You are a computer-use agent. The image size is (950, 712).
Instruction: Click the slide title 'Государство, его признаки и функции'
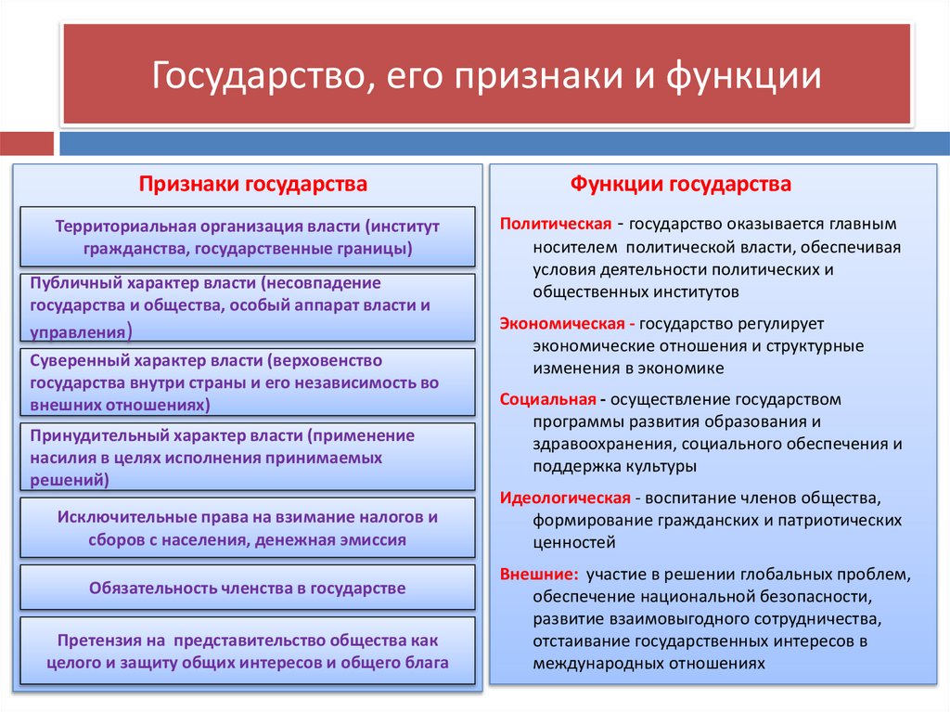pos(486,75)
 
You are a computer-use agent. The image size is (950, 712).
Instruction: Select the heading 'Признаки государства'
pos(253,184)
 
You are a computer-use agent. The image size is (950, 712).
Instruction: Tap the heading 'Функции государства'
pos(680,184)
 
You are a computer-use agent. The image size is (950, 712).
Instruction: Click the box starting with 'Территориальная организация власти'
pos(248,238)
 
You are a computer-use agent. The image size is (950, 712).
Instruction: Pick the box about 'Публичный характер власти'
pos(248,306)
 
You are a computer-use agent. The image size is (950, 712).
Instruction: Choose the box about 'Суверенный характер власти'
pos(248,382)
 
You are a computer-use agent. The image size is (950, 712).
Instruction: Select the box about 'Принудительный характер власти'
pos(248,457)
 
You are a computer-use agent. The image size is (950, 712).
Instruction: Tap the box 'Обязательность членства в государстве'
pos(248,588)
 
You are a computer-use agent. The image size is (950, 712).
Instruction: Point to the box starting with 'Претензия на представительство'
pos(248,651)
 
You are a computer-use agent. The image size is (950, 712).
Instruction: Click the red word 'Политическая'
pos(555,225)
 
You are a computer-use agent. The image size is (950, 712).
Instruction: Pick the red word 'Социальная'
pos(547,400)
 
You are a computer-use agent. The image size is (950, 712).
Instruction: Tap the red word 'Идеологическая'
pos(565,497)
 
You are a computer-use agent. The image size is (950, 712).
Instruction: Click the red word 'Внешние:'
pos(539,573)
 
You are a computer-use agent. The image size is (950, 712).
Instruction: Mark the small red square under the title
pos(27,144)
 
